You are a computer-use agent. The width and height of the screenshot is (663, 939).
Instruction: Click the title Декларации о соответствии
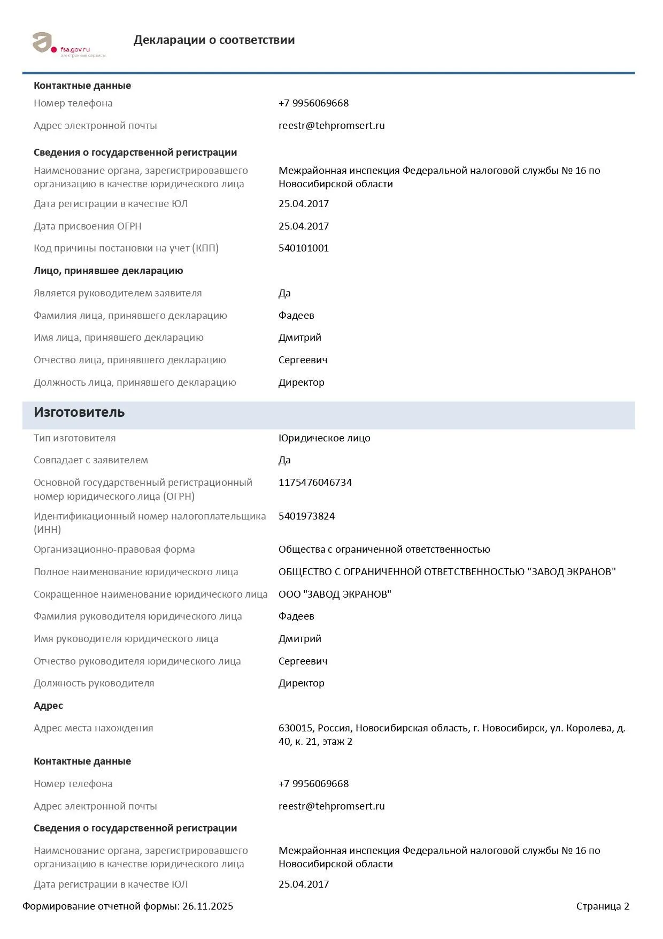[x=214, y=40]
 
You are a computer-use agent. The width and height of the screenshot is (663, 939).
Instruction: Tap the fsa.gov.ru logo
[x=68, y=44]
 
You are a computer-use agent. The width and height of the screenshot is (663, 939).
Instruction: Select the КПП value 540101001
[x=303, y=248]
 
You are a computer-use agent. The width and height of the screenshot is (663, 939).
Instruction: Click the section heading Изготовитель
[x=79, y=413]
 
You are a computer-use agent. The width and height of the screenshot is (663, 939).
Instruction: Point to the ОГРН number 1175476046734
[x=315, y=483]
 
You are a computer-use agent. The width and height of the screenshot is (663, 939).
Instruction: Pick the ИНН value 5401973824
[x=306, y=516]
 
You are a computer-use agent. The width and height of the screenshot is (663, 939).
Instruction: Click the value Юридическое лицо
[x=324, y=438]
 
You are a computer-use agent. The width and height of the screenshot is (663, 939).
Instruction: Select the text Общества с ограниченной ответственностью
[x=384, y=549]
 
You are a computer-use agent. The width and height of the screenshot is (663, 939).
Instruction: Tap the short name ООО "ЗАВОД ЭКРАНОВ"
[x=335, y=594]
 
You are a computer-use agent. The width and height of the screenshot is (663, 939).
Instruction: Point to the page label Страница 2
[x=603, y=906]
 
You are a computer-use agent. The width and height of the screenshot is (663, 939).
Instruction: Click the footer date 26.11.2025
[x=207, y=906]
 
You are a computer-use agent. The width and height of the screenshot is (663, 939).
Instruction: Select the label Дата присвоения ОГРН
[x=88, y=226]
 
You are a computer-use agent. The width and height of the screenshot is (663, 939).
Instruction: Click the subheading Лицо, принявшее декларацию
[x=109, y=271]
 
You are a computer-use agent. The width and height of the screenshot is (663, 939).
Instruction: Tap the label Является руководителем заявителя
[x=118, y=293]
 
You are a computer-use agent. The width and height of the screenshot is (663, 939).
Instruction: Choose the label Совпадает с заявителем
[x=91, y=460]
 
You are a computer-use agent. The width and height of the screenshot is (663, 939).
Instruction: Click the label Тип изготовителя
[x=75, y=438]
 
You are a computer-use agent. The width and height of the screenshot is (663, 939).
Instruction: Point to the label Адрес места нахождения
[x=94, y=728]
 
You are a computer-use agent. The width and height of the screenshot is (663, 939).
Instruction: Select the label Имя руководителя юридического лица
[x=126, y=639]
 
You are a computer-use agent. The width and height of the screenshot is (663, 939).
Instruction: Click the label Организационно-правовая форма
[x=114, y=549]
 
